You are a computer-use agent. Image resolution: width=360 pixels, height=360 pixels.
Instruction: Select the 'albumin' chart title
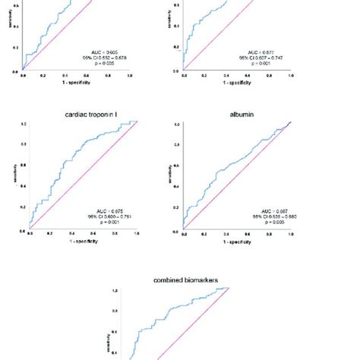[234, 114]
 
